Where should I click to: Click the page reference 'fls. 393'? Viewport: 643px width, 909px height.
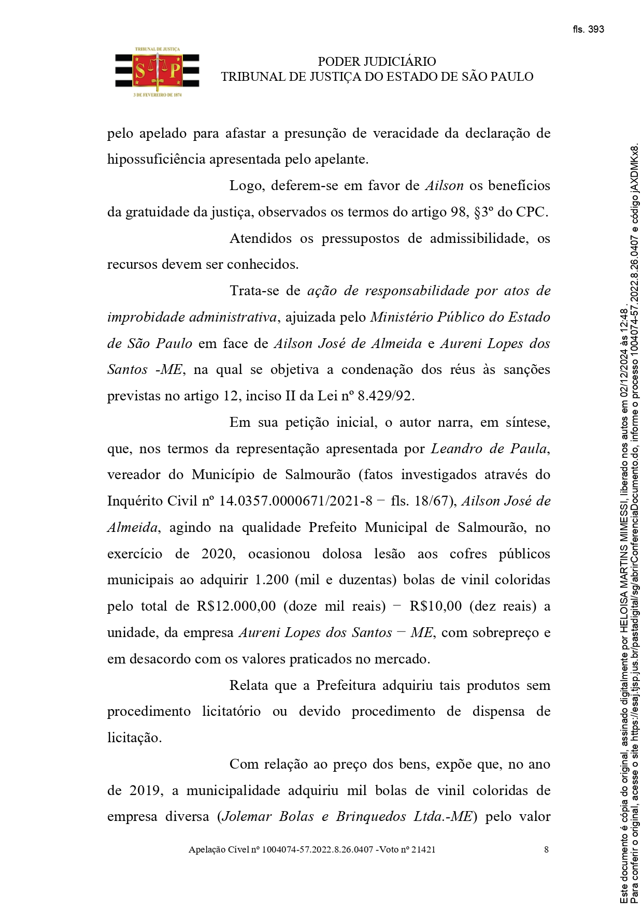coord(589,30)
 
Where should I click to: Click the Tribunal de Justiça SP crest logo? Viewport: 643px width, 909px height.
coord(158,73)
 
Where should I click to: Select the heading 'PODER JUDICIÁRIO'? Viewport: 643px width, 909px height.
coord(377,62)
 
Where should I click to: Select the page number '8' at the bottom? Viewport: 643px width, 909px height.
coord(547,849)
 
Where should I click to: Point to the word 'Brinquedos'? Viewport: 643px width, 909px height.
coord(371,817)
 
